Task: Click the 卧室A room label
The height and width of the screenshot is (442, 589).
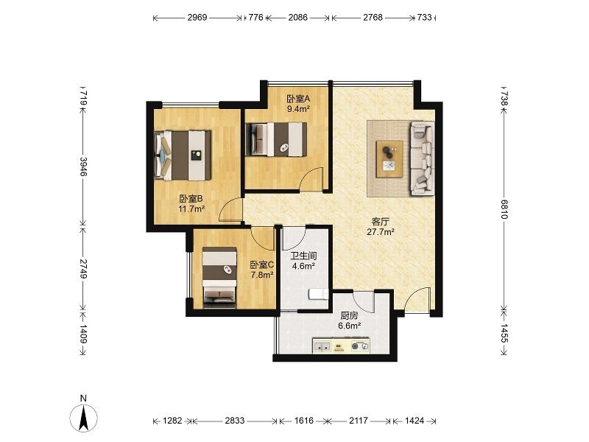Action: (x=298, y=99)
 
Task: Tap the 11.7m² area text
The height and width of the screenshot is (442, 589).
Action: (x=191, y=209)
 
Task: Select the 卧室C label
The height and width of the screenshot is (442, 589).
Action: (x=262, y=264)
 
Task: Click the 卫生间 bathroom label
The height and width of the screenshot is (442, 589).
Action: (x=303, y=256)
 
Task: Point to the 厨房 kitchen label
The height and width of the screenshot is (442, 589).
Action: (x=349, y=316)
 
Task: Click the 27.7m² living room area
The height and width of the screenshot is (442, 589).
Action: (x=381, y=232)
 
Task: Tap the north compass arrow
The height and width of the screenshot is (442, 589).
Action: (x=84, y=418)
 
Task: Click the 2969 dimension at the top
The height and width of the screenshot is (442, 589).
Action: (x=197, y=17)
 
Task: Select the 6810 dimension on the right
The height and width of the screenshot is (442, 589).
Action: (x=504, y=209)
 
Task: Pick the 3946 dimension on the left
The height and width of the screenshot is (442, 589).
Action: (x=83, y=167)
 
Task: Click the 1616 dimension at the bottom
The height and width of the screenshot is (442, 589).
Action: (x=303, y=420)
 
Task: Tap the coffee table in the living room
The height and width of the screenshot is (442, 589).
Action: (x=390, y=158)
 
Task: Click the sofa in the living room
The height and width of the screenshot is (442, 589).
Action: (x=422, y=158)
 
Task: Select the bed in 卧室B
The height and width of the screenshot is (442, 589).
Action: (x=183, y=155)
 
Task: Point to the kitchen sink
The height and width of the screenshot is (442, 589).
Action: (x=322, y=346)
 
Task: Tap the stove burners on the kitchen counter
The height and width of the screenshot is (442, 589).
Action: (x=359, y=346)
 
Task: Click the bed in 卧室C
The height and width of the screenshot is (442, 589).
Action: (x=219, y=278)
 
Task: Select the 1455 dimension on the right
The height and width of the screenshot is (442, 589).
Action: (x=504, y=333)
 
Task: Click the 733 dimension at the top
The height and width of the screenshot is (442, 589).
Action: (x=425, y=17)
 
